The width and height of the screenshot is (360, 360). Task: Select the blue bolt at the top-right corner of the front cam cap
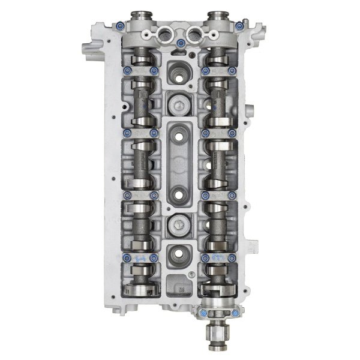click(x=239, y=26)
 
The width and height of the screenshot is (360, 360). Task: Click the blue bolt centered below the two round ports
click(x=180, y=43)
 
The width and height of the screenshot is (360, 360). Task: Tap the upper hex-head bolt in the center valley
click(x=179, y=106)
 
